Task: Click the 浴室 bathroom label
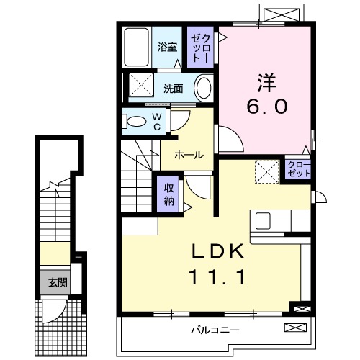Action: pos(167,48)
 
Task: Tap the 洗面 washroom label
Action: pos(173,89)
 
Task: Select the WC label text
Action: pos(156,121)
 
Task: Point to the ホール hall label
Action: pos(186,154)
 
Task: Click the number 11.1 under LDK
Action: pos(218,276)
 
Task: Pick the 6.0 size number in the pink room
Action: pos(269,107)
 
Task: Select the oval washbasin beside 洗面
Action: pos(204,89)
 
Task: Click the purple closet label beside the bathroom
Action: pos(199,46)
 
